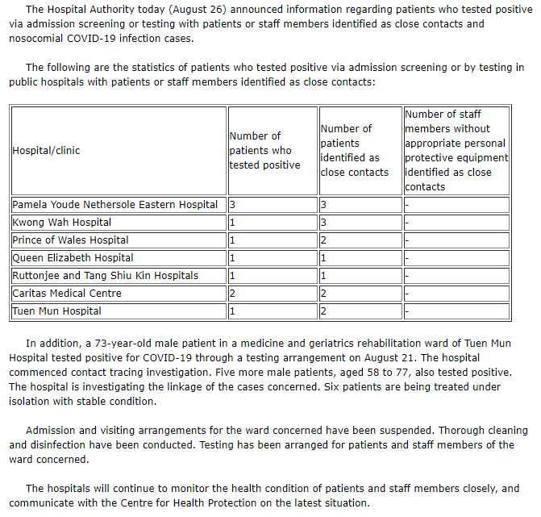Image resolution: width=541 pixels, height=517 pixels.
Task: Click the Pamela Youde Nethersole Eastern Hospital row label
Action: [115, 205]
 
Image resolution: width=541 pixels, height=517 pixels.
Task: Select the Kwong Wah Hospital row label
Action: [62, 223]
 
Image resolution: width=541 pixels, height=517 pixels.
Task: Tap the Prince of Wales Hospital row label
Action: [70, 240]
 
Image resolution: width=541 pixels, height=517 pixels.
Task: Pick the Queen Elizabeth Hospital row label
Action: [73, 258]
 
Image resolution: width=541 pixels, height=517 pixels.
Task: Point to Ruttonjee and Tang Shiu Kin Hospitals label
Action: [105, 276]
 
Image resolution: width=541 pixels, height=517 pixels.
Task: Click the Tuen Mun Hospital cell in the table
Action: [57, 311]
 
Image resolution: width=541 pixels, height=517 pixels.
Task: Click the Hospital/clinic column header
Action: [47, 150]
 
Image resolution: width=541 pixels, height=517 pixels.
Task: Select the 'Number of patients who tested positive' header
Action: [264, 151]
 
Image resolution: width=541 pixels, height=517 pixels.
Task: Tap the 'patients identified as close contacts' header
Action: [354, 150]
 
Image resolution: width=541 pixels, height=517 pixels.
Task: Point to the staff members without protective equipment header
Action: [456, 150]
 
